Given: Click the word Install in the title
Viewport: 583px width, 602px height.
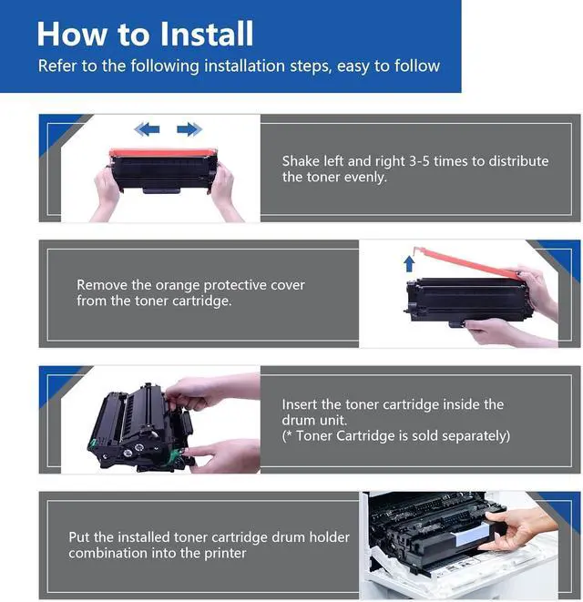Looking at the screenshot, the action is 206,34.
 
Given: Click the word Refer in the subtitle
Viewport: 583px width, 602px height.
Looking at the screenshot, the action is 56,66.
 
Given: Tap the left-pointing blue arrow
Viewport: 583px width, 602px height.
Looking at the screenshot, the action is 147,129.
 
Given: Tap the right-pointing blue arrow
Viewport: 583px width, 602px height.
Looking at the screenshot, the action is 189,129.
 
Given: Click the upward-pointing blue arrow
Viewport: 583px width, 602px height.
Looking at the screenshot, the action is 409,264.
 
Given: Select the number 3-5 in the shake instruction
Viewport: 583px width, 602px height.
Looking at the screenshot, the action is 419,161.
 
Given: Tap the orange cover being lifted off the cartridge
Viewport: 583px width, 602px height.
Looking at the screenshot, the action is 468,262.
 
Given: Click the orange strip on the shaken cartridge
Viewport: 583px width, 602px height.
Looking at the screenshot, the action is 163,153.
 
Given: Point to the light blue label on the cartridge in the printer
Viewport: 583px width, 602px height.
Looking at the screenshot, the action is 472,535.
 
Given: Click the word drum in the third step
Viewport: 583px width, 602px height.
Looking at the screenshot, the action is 293,421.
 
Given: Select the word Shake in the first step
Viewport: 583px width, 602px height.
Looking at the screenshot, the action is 302,161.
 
